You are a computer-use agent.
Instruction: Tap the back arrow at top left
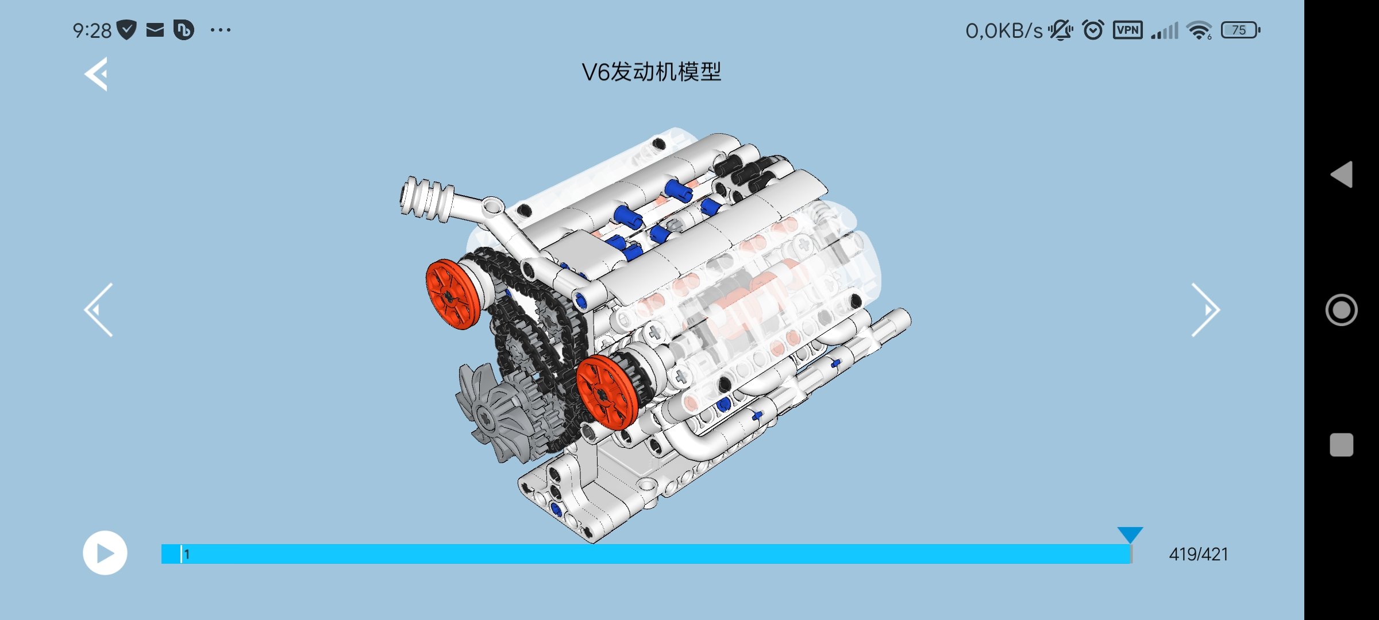click(96, 74)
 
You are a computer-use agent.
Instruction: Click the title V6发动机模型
click(651, 72)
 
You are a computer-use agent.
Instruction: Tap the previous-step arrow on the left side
click(98, 310)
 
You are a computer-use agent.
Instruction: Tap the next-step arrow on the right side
click(1205, 310)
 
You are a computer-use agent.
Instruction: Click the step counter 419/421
click(1199, 554)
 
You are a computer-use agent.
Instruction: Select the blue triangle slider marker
click(1130, 534)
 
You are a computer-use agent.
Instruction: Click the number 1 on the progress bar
click(187, 554)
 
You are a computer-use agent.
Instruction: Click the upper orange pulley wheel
click(453, 294)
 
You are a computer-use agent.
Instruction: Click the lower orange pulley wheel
click(607, 392)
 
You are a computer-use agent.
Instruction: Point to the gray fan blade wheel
click(486, 413)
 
